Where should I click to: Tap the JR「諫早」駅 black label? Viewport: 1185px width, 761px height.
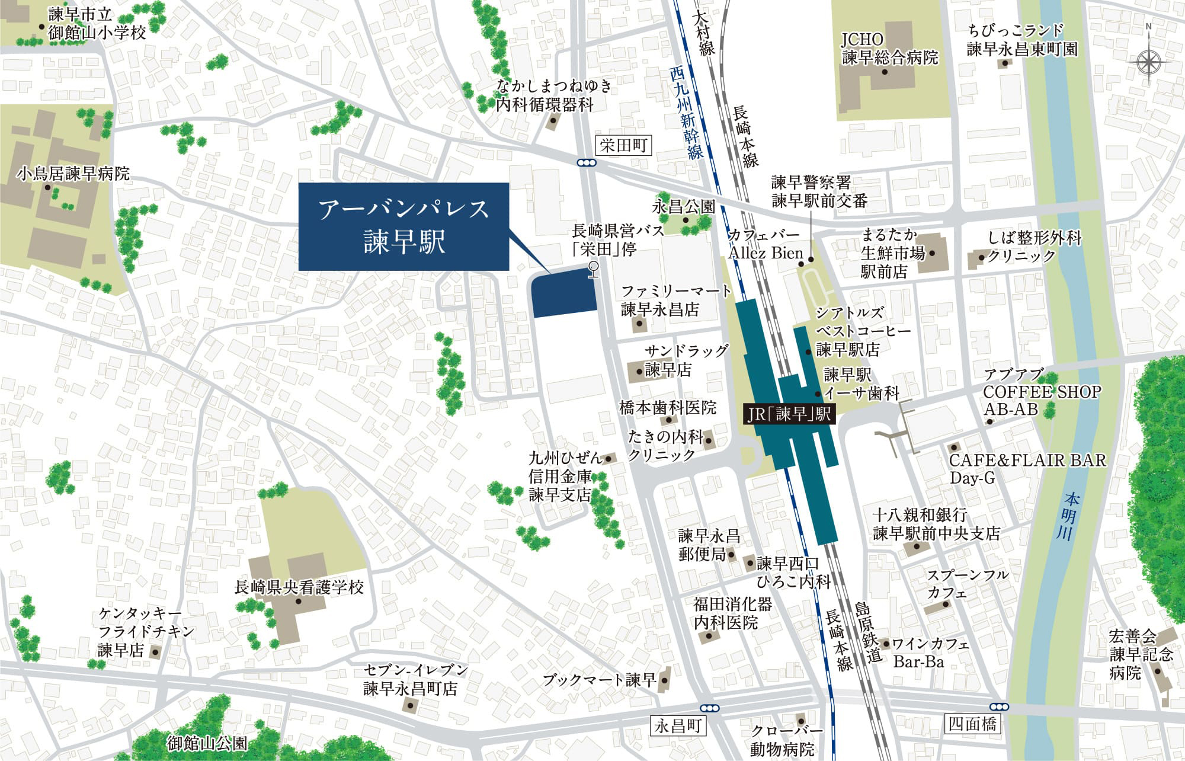coord(790,414)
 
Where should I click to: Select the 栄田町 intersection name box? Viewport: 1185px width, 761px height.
coord(623,145)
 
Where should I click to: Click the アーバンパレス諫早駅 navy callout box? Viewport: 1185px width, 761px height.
coord(403,227)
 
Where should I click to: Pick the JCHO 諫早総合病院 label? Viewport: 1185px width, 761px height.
coord(890,48)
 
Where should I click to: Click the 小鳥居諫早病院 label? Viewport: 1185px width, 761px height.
coord(73,174)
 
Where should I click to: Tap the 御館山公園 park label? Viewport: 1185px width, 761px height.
coord(207,742)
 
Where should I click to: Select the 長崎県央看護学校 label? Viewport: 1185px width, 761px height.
coord(299,587)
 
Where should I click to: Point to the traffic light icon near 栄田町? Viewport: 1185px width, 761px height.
coord(586,163)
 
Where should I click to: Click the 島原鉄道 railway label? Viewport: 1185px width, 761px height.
coord(867,632)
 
